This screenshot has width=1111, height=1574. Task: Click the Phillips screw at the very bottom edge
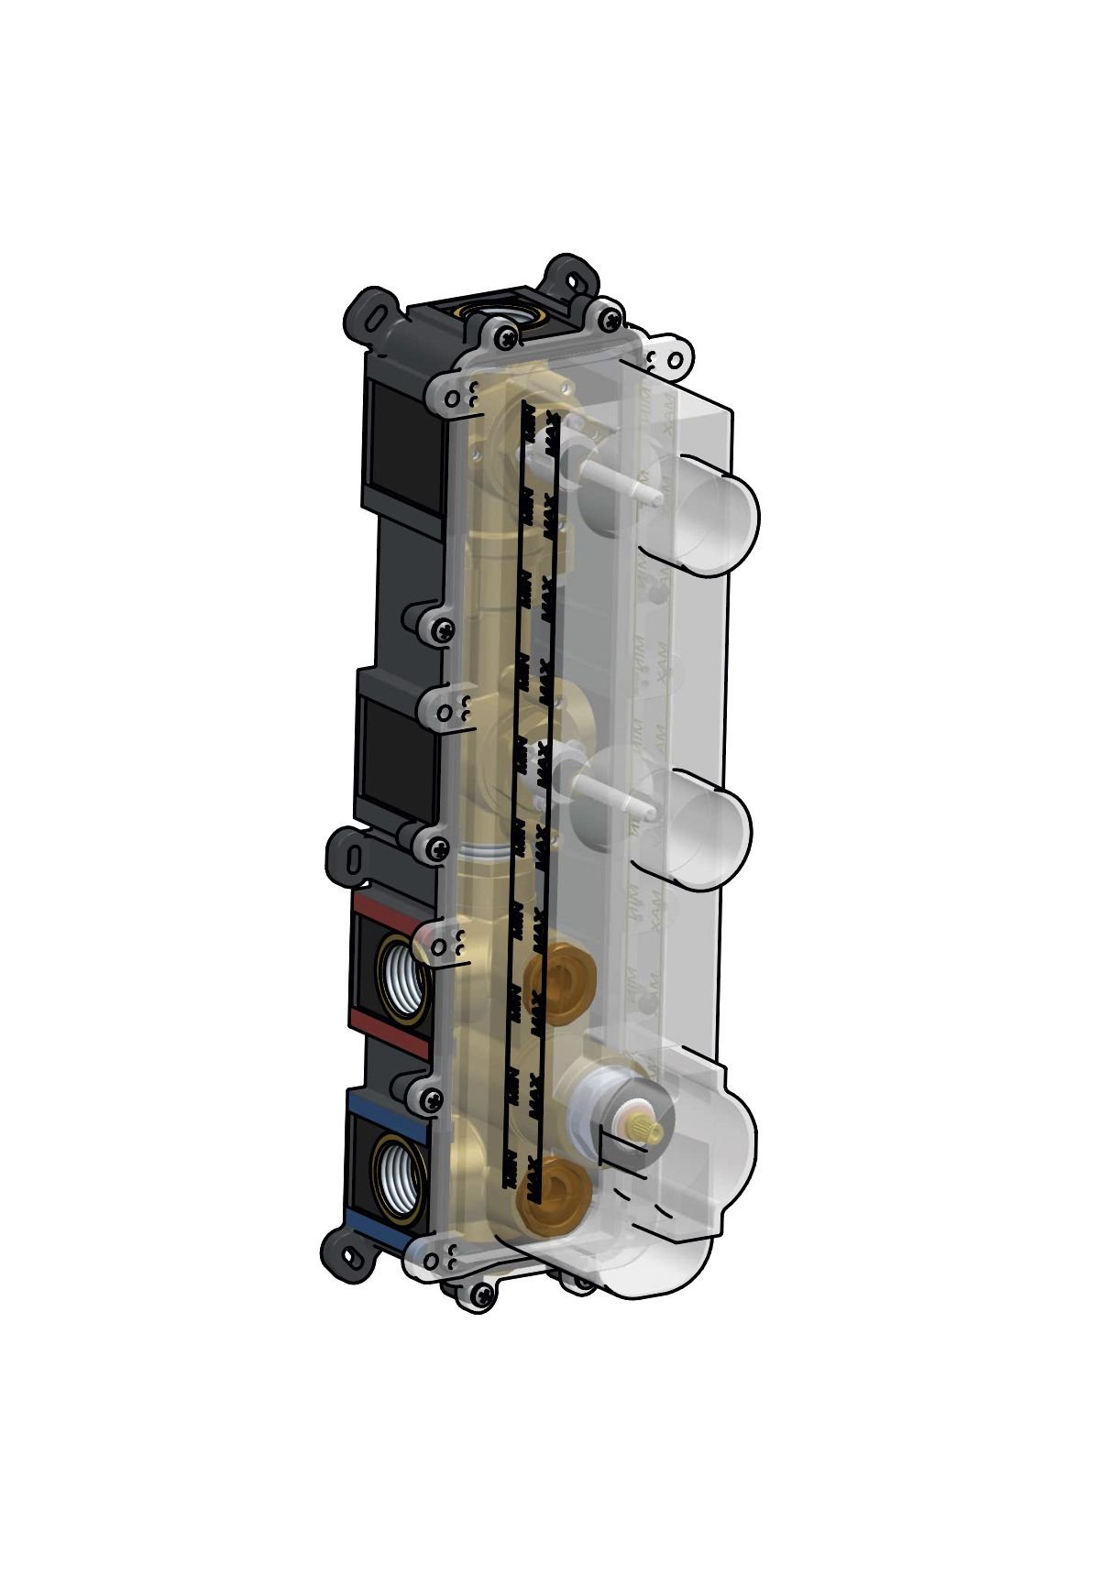tap(481, 1294)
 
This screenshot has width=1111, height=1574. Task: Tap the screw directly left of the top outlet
tap(505, 338)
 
